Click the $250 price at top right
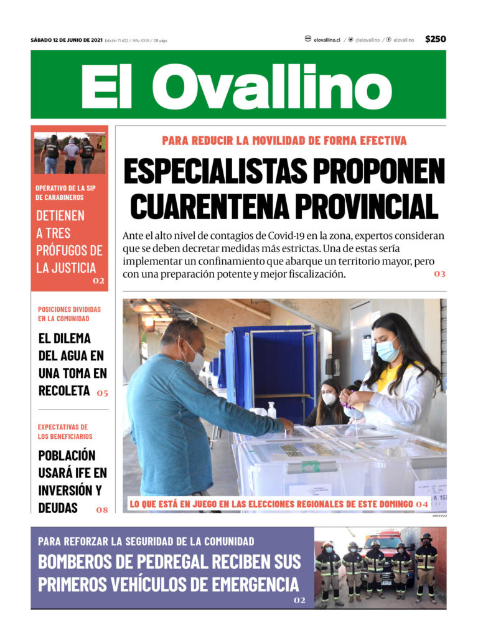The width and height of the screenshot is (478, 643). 435,39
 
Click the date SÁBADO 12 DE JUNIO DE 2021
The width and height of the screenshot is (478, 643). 67,40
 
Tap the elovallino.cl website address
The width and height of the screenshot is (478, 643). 327,39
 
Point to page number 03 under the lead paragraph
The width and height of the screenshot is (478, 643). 440,274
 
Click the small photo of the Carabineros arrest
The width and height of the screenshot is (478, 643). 69,153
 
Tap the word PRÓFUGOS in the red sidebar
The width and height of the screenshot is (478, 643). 69,251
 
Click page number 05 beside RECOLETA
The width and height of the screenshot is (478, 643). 102,393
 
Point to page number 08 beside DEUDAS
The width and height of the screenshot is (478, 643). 102,510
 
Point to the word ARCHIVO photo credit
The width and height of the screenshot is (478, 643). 439,516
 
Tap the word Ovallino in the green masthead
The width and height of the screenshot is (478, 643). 271,85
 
